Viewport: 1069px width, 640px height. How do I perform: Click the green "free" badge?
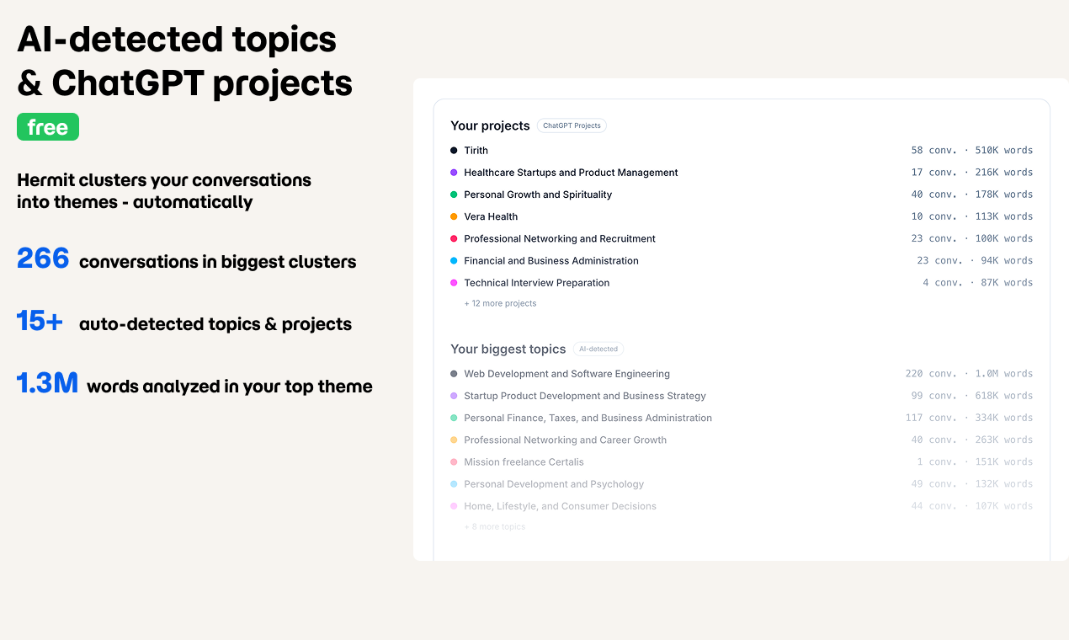[x=48, y=127]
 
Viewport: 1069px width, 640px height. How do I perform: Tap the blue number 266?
[x=43, y=259]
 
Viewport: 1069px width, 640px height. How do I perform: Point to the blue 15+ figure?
[x=40, y=321]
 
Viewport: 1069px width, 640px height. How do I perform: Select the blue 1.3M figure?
[x=47, y=383]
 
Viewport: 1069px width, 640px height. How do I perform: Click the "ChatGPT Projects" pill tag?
[x=572, y=125]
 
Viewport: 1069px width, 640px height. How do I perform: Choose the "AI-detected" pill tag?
[x=598, y=349]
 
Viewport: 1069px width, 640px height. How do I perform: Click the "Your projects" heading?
[x=490, y=125]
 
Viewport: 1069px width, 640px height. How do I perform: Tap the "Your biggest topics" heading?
[x=508, y=349]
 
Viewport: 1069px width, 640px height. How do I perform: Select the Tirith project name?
[x=476, y=151]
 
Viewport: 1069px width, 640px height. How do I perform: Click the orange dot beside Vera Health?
[x=454, y=216]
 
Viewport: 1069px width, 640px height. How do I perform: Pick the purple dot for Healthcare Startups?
[x=454, y=173]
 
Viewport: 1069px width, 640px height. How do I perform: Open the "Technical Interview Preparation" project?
[x=536, y=283]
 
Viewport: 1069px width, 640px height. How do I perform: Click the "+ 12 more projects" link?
[x=500, y=303]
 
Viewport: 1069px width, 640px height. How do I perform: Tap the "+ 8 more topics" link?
[x=495, y=527]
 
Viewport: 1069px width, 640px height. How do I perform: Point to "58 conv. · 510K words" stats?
[x=971, y=151]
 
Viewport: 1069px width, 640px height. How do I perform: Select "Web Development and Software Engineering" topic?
[x=566, y=374]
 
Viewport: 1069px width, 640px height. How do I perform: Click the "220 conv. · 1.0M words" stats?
[x=969, y=374]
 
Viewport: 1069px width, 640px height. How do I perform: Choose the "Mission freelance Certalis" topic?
[x=524, y=462]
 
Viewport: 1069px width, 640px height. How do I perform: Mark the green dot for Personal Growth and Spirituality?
[x=454, y=195]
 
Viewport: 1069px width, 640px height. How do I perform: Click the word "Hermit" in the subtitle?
[x=45, y=180]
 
